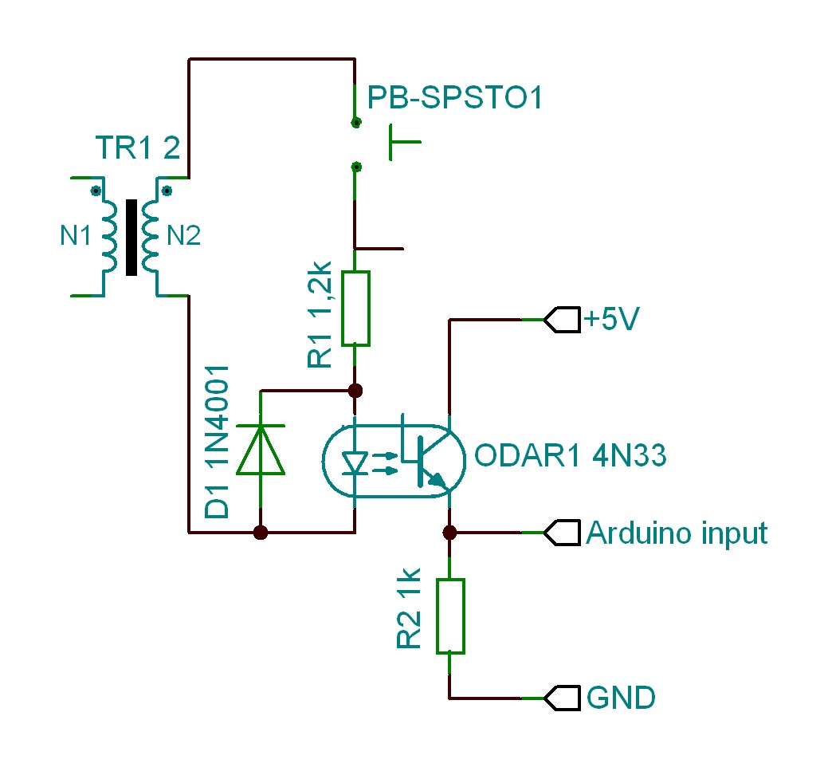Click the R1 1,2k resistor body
point(355,308)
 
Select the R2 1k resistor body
point(449,616)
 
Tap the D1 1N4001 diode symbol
point(261,450)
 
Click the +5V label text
point(613,320)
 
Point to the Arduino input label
point(677,533)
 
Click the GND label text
point(621,698)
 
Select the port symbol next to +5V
point(561,321)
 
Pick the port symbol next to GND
point(561,698)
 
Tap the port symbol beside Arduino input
point(561,533)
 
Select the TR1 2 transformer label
point(137,149)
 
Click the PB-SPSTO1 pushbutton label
point(455,99)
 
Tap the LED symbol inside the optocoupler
point(354,462)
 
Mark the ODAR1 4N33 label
point(570,457)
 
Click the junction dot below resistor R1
point(355,391)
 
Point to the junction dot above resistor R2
point(449,533)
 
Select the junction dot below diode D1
point(260,533)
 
